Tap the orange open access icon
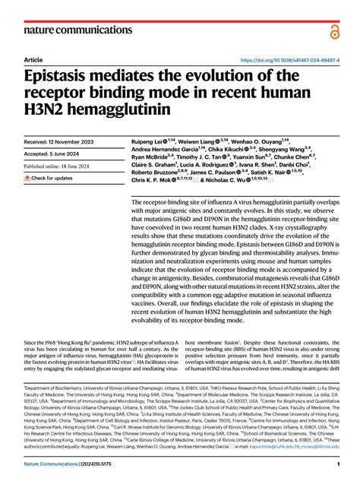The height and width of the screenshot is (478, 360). pos(335,30)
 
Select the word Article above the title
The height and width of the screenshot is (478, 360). pos(33,59)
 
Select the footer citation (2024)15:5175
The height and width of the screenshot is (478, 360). pos(114,464)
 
